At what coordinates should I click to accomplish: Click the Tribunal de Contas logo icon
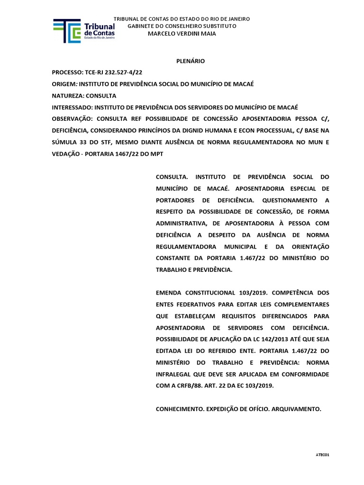(x=67, y=31)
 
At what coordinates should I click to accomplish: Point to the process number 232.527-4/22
(x=122, y=72)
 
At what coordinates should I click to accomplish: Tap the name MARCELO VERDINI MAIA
(x=182, y=33)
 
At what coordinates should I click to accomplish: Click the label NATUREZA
(x=70, y=95)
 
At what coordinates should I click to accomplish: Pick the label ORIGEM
(x=64, y=84)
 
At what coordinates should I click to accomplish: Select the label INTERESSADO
(x=73, y=107)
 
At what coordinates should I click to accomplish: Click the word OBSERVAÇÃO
(x=72, y=118)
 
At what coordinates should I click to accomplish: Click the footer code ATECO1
(x=322, y=454)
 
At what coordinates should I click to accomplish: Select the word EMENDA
(x=170, y=293)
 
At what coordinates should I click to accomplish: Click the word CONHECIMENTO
(x=180, y=408)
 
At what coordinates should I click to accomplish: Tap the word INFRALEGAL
(x=176, y=374)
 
